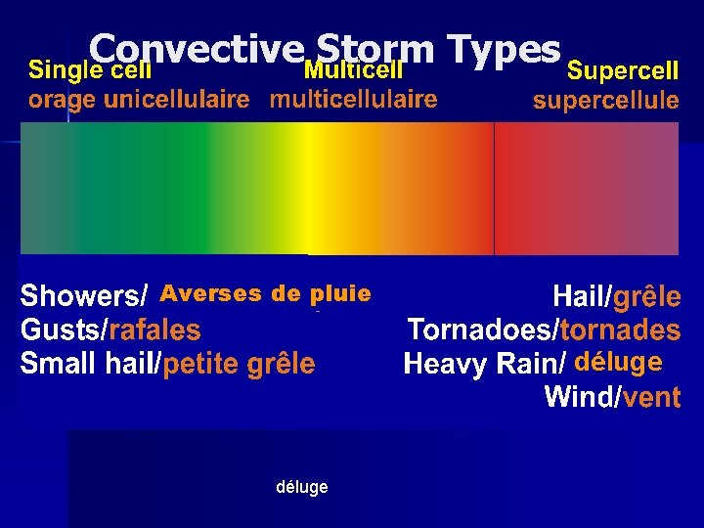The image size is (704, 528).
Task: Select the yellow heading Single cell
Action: [x=90, y=69]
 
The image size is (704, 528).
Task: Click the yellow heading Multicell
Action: [x=353, y=69]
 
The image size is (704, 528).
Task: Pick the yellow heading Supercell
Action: [x=623, y=70]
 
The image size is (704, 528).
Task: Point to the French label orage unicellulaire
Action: [x=138, y=99]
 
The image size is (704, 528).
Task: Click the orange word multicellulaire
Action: [x=353, y=99]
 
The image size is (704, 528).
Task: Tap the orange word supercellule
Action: [x=605, y=100]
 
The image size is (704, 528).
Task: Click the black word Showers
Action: [x=81, y=295]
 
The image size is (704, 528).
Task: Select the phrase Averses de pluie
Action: [x=265, y=293]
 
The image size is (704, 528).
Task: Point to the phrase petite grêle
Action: [x=240, y=365]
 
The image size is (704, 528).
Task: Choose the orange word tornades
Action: [x=621, y=330]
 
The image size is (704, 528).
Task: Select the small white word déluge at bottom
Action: [x=302, y=487]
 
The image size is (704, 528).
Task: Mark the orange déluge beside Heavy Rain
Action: [x=618, y=363]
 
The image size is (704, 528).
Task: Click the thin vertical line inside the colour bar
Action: [x=495, y=188]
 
